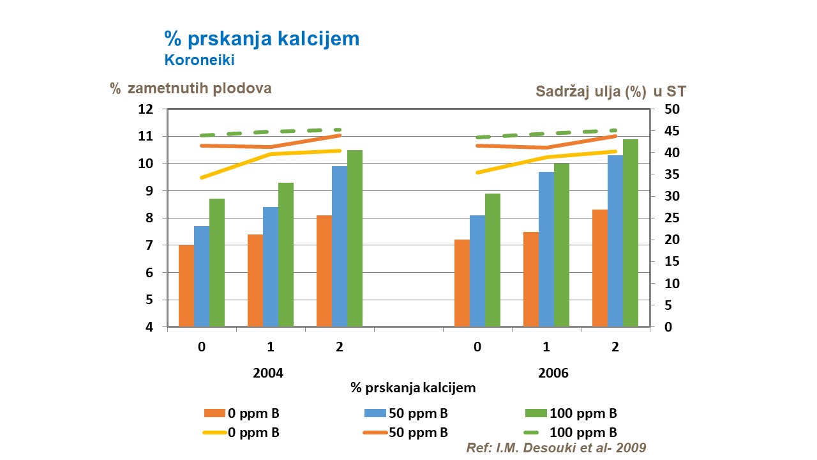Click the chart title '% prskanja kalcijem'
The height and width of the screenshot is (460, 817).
pyautogui.click(x=262, y=39)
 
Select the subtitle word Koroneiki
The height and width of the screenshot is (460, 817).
pyautogui.click(x=199, y=61)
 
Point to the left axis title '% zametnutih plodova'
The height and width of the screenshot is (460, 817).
pyautogui.click(x=191, y=89)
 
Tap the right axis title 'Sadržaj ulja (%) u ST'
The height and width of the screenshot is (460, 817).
pyautogui.click(x=611, y=91)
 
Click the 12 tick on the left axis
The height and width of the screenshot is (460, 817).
pyautogui.click(x=146, y=109)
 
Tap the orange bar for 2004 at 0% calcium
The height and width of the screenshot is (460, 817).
pyautogui.click(x=186, y=286)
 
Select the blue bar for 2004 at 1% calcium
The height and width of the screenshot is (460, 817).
pyautogui.click(x=271, y=266)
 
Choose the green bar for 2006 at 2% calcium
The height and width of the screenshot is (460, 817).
pyautogui.click(x=631, y=233)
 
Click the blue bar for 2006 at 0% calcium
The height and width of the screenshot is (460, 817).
pyautogui.click(x=477, y=271)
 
